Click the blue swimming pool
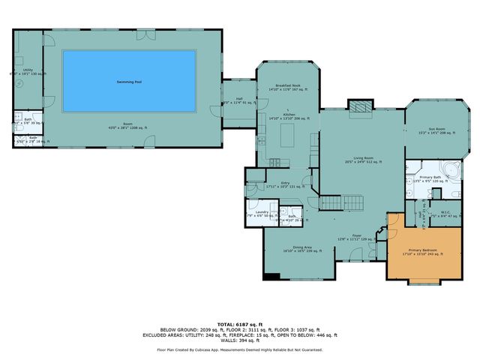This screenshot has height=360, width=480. tap(129, 81)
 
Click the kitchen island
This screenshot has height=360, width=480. tap(286, 137)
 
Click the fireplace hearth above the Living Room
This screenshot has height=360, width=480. tap(360, 106)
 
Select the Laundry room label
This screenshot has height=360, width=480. tap(261, 212)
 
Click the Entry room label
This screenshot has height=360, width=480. tap(285, 183)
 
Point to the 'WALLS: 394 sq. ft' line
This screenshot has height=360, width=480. tap(239, 340)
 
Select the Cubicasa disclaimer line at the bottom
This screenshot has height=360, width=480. tap(239, 349)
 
